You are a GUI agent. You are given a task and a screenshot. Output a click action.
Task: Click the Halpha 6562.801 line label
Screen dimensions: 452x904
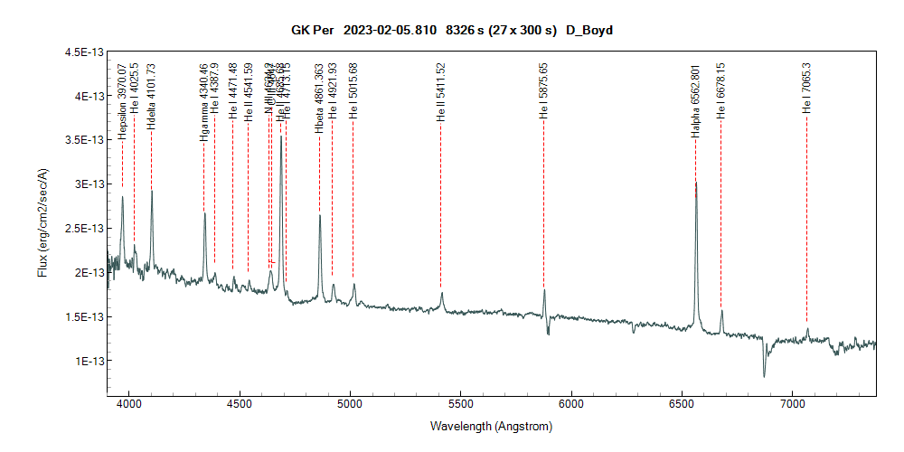pos(695,100)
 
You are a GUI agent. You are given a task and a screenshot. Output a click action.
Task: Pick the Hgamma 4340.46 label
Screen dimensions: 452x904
pos(203,102)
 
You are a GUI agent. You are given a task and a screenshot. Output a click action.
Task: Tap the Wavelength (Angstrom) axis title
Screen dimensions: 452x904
pos(492,426)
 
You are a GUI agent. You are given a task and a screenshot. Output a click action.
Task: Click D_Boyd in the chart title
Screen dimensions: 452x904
pos(590,30)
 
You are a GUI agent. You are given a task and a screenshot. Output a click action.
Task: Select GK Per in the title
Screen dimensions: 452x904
pos(309,30)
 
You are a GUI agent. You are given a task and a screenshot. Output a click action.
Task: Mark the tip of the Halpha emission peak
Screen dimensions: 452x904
pos(696,183)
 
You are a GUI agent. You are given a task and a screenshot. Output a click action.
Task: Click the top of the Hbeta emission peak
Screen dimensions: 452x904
pos(320,216)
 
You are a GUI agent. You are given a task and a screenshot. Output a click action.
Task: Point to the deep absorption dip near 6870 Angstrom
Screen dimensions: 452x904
pos(765,375)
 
